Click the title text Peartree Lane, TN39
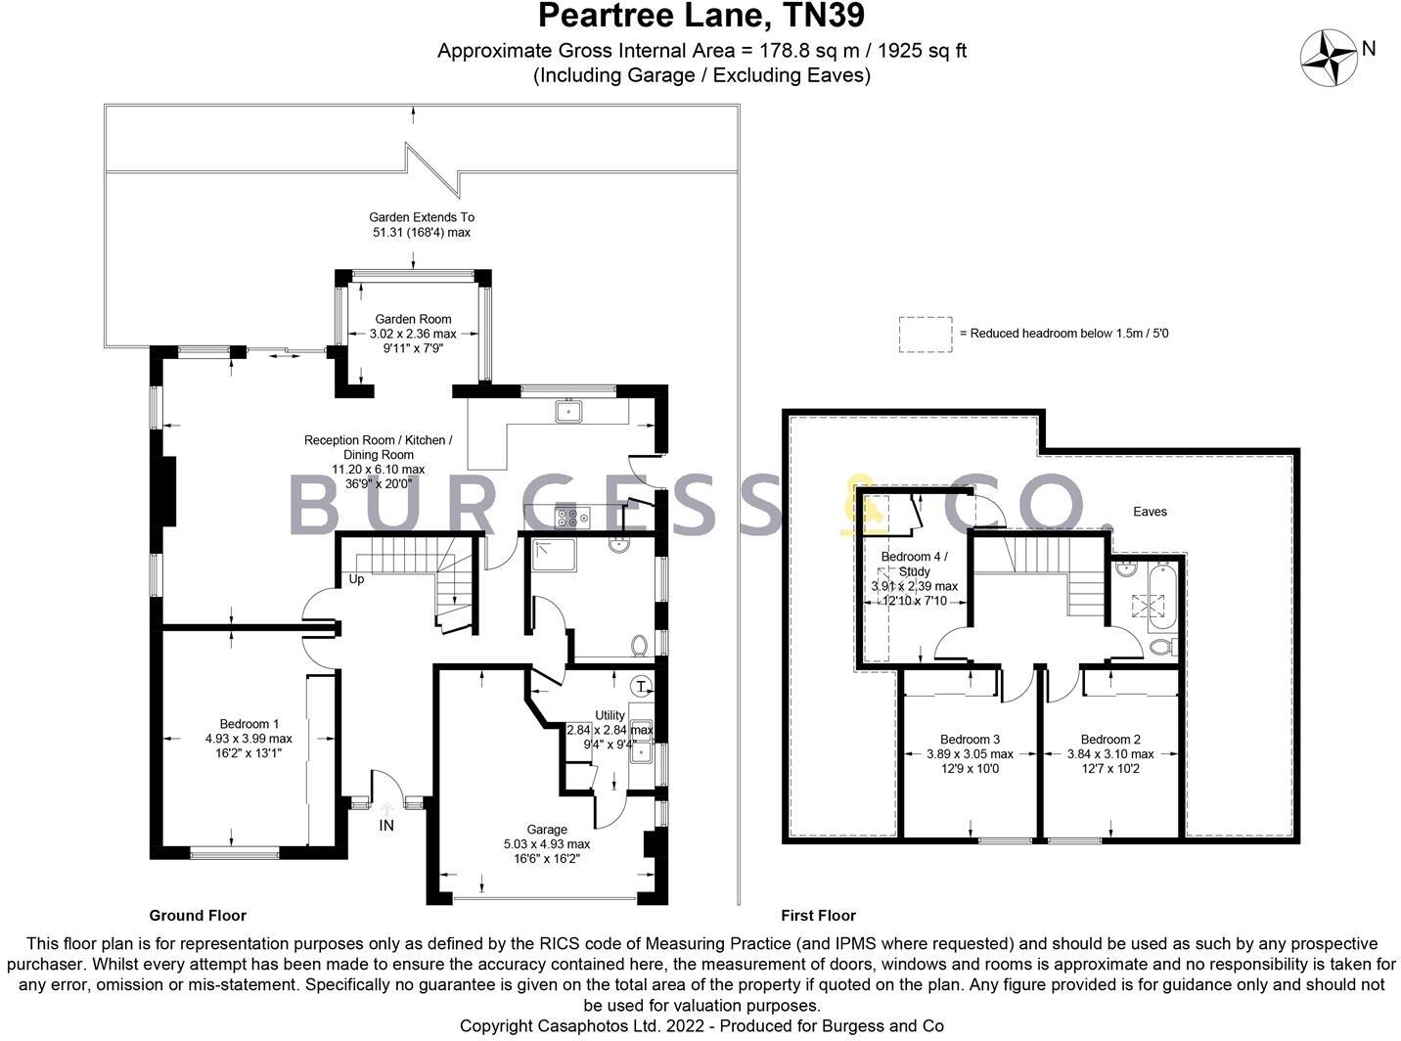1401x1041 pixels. click(x=700, y=17)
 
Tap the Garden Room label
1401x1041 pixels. click(x=413, y=319)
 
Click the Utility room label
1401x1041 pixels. click(x=610, y=715)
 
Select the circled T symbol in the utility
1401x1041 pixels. click(x=641, y=685)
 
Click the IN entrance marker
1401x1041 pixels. click(x=386, y=825)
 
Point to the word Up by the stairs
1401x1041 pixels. click(x=356, y=579)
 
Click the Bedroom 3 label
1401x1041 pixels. click(x=970, y=740)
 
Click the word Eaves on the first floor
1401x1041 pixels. click(x=1150, y=512)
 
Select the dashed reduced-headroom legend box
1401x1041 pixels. click(x=925, y=334)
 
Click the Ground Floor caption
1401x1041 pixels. click(x=198, y=916)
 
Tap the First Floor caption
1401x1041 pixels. click(x=818, y=916)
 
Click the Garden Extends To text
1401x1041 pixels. click(x=421, y=217)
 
